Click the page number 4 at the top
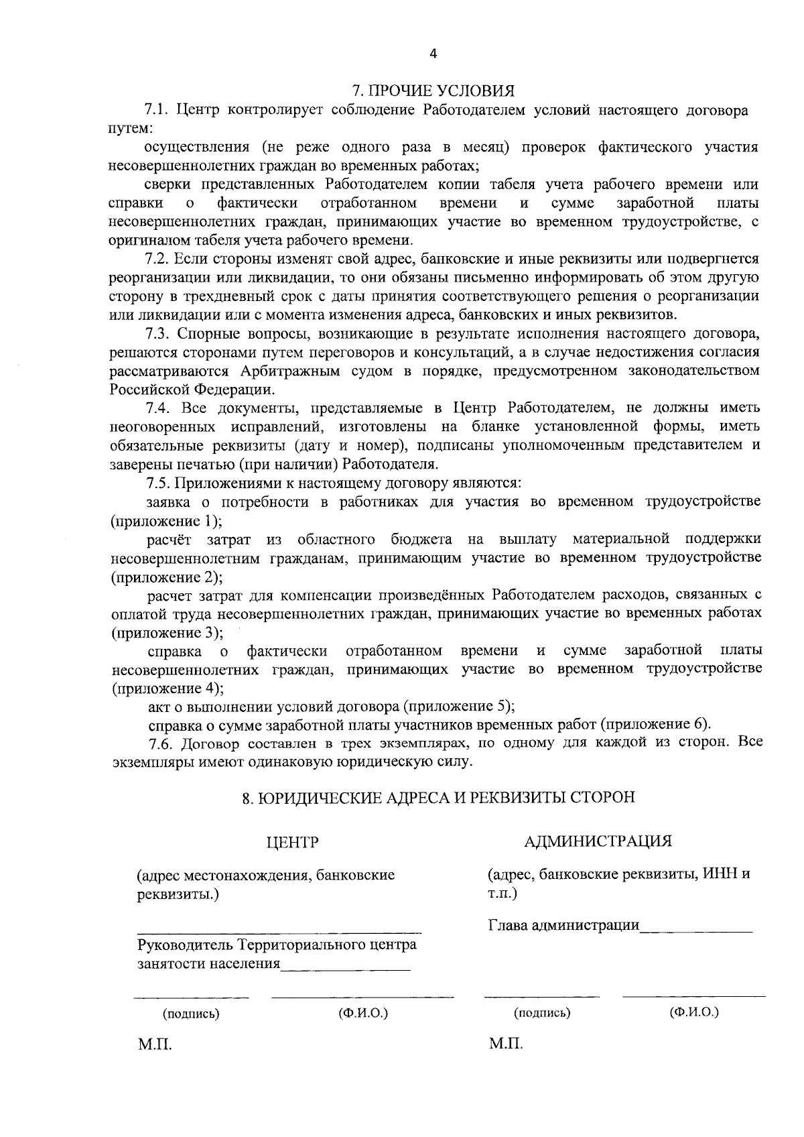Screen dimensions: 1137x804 (x=433, y=54)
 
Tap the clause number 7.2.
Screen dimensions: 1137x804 (x=158, y=259)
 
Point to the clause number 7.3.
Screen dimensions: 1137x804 (x=158, y=333)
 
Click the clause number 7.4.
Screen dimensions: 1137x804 (x=158, y=408)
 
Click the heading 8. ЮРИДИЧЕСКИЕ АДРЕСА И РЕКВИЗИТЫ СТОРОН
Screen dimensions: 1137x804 (x=438, y=798)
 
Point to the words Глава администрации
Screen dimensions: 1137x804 (x=563, y=926)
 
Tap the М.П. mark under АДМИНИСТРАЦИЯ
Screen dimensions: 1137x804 (x=506, y=1044)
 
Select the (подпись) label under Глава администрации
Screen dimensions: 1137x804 (x=542, y=1013)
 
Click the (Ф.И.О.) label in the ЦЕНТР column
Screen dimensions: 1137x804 (x=364, y=1013)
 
